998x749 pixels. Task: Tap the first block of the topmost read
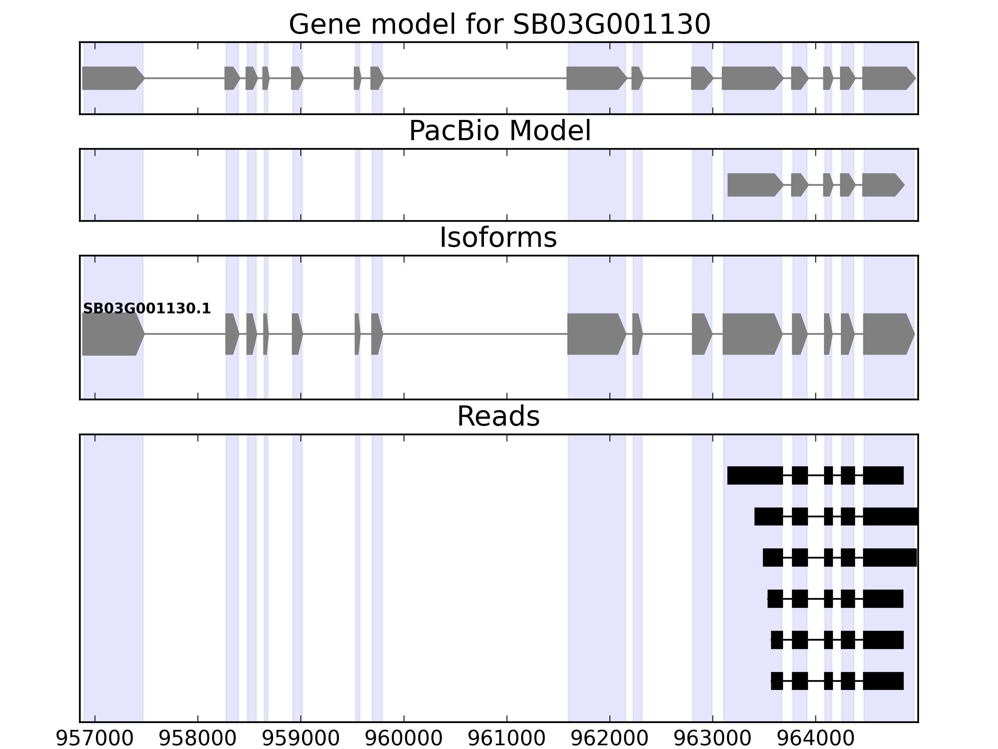754,475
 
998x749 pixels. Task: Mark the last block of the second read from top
890,516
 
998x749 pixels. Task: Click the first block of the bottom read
777,681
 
